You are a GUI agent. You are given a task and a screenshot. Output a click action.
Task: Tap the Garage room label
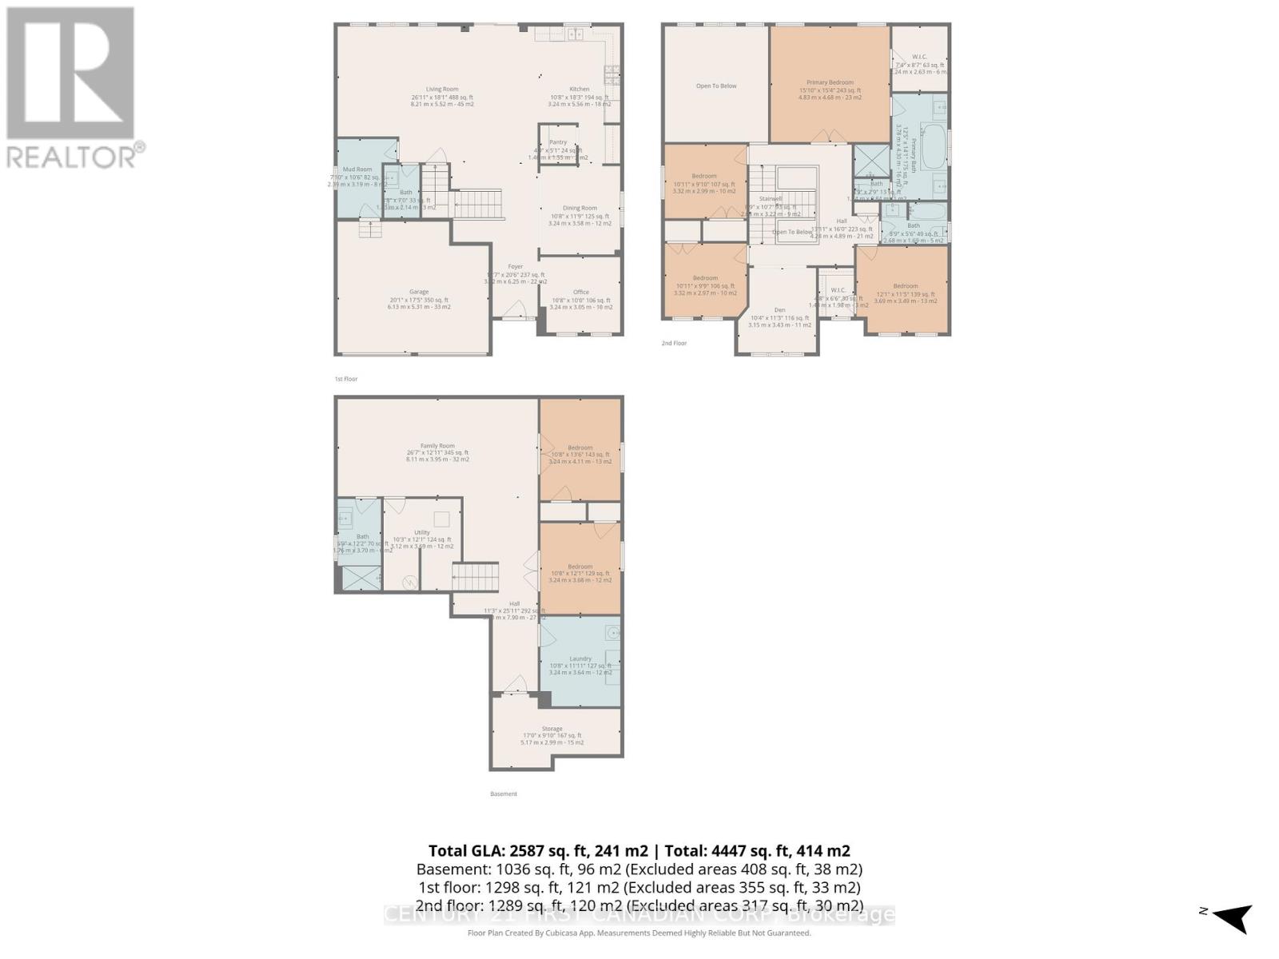(419, 292)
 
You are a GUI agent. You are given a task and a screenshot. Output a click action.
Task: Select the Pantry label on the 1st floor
(557, 142)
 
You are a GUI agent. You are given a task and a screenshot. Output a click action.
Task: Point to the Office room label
(580, 292)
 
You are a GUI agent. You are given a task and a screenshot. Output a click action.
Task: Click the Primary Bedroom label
(830, 82)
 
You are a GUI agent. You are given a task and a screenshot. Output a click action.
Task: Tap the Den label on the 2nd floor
(779, 310)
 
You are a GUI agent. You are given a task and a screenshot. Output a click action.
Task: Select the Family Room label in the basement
(437, 446)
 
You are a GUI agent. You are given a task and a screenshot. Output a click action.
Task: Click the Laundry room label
(580, 659)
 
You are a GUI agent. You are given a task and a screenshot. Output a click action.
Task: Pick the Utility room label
(421, 532)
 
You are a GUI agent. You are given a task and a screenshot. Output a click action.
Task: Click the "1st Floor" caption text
(345, 379)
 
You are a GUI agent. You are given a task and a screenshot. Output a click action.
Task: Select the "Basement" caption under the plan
(504, 794)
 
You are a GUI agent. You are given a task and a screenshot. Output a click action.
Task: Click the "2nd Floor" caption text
(673, 343)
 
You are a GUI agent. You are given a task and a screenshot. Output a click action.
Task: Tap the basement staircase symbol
(476, 576)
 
